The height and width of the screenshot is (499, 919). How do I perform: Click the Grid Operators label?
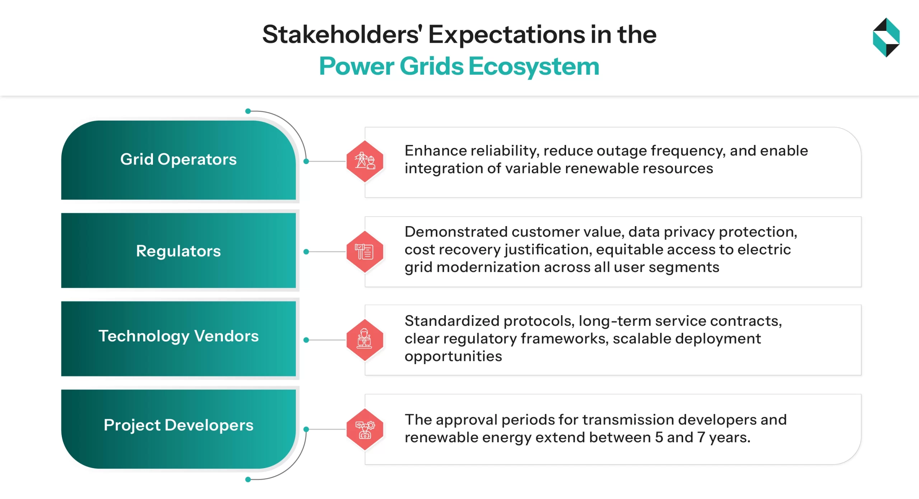click(x=178, y=159)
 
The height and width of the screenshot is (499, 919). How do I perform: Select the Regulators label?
click(x=178, y=251)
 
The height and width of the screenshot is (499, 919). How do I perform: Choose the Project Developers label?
click(x=178, y=425)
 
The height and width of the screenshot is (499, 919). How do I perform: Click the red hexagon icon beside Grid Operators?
click(x=365, y=161)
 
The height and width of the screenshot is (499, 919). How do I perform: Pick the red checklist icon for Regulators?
click(x=365, y=251)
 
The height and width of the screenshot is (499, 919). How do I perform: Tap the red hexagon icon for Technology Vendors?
click(x=365, y=340)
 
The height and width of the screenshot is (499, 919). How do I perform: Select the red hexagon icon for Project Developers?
click(x=365, y=429)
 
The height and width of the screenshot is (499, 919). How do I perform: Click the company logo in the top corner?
click(x=886, y=37)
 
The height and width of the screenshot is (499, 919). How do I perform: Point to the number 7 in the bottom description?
click(x=701, y=438)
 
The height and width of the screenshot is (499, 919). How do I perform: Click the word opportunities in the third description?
click(x=453, y=356)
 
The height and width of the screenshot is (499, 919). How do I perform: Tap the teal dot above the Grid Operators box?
click(x=248, y=111)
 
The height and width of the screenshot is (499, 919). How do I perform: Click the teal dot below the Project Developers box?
click(x=248, y=480)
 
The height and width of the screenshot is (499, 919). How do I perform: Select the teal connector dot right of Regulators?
click(x=306, y=252)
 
